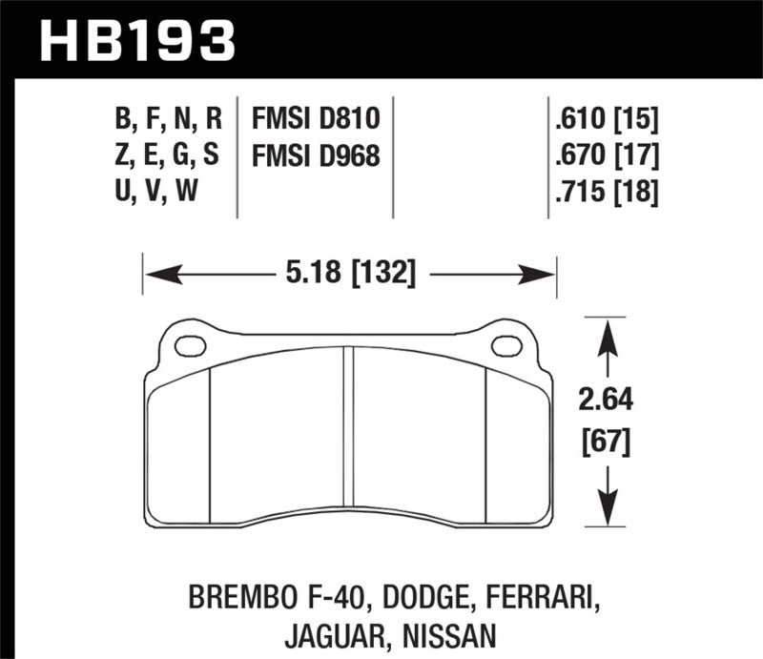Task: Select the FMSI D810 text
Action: pyautogui.click(x=316, y=119)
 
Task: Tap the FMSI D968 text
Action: pyautogui.click(x=316, y=154)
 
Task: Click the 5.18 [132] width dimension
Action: pyautogui.click(x=350, y=275)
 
